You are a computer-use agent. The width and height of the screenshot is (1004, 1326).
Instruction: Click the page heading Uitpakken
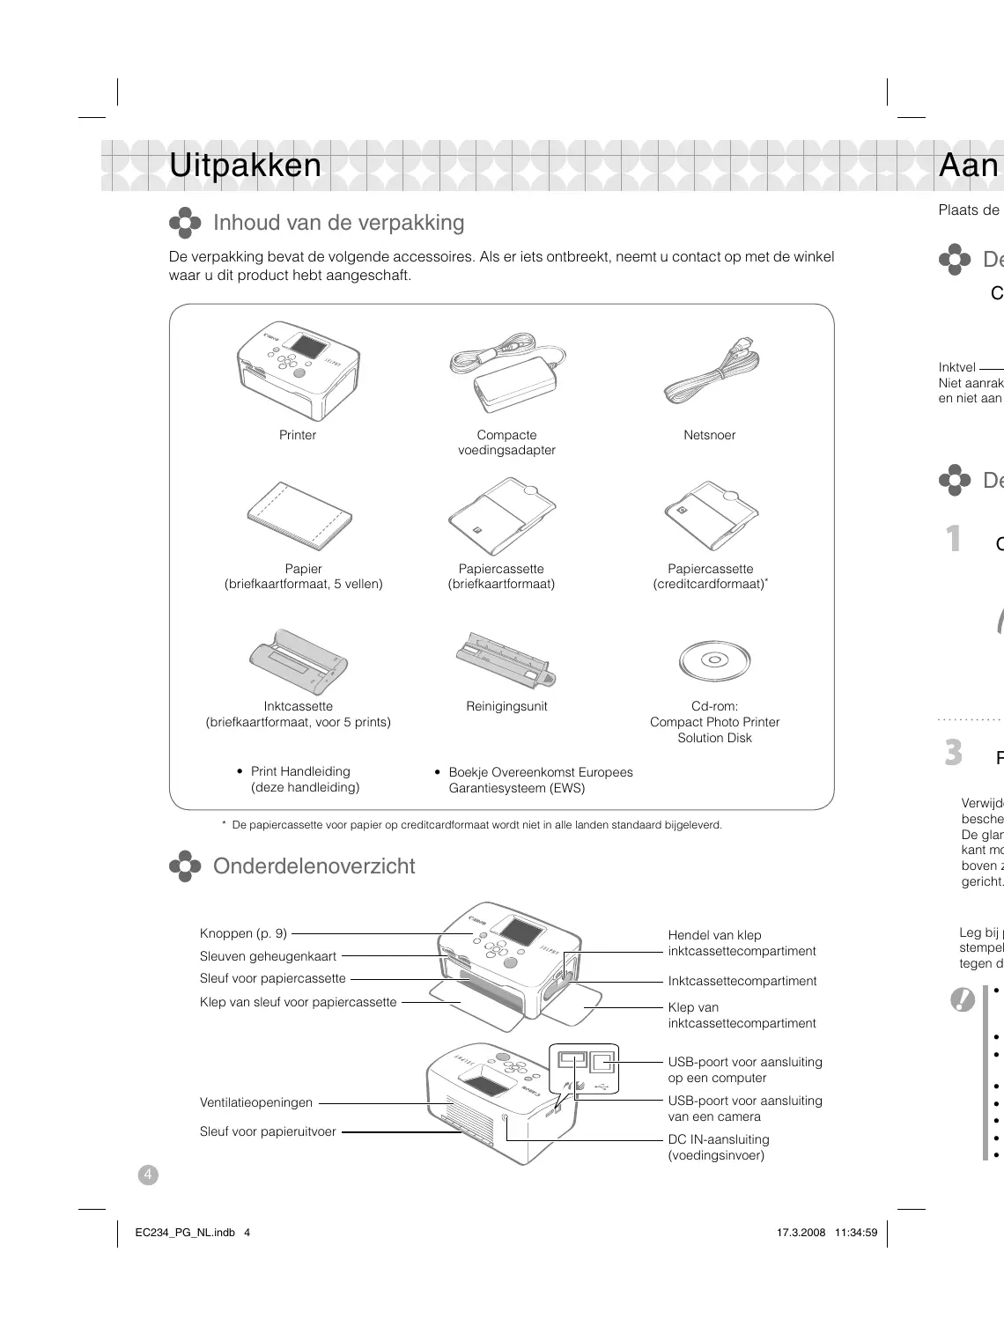coord(245,166)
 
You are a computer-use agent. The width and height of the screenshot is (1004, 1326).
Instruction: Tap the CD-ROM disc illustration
coord(714,660)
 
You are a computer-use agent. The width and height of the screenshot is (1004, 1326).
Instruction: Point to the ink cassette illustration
coord(299,662)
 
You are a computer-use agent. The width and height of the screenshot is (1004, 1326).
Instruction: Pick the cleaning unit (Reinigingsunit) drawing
coord(506,660)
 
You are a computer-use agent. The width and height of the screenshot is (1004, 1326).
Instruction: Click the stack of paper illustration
coord(299,517)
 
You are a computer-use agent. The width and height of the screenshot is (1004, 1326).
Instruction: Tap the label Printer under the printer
coord(298,435)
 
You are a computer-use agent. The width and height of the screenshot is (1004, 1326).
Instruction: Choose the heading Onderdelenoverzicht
coord(314,866)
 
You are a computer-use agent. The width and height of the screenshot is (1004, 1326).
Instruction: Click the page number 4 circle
coord(148,1175)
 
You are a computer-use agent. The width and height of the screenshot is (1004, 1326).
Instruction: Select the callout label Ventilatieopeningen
coord(256,1102)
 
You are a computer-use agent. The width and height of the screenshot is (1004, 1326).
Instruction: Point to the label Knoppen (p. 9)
coord(243,933)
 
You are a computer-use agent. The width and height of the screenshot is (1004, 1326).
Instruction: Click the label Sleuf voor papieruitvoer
coord(268,1132)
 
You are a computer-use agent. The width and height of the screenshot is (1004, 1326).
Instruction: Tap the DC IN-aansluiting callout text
coord(719,1139)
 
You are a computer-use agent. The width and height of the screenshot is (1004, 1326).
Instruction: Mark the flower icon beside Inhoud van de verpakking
coord(185,223)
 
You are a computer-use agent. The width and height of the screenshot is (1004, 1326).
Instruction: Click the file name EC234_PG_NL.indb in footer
coord(185,1233)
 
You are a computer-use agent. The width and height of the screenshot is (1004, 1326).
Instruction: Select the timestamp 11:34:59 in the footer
coord(856,1233)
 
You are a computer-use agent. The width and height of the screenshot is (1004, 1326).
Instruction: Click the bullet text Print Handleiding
coord(300,771)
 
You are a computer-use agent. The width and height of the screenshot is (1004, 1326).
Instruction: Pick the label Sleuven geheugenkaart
coord(268,956)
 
